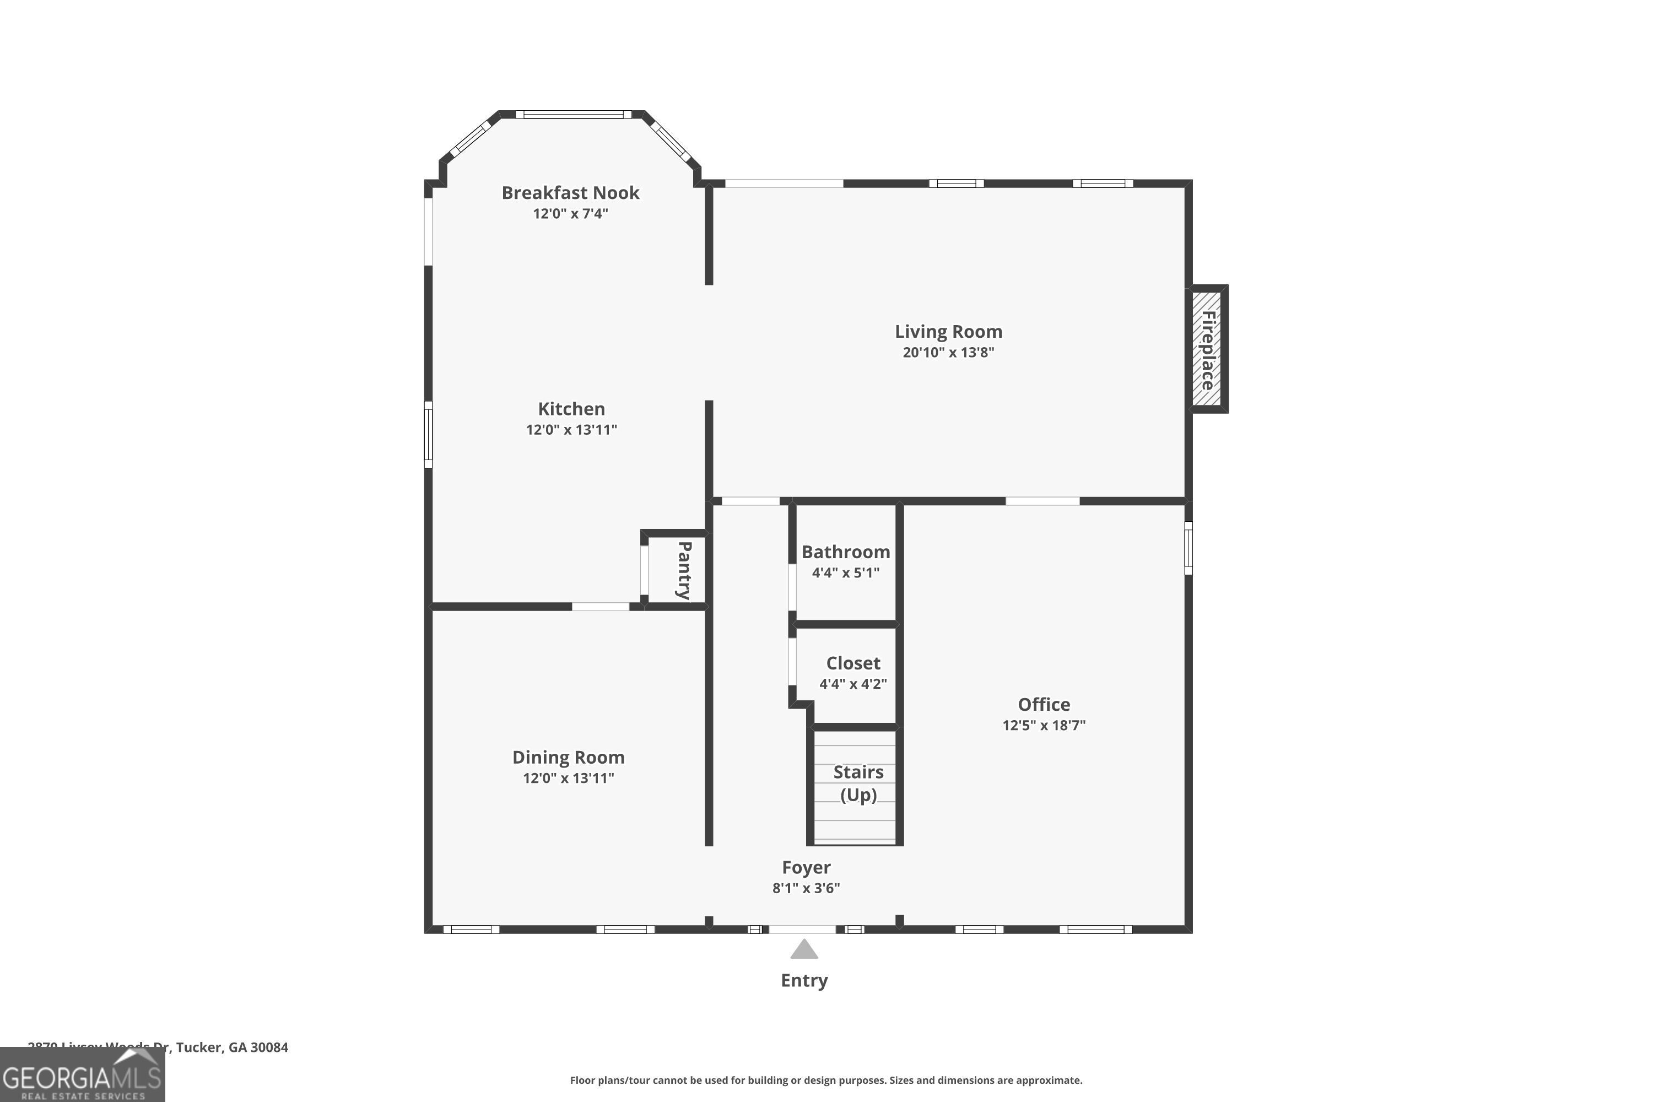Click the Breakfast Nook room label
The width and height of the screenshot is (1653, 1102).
pyautogui.click(x=570, y=192)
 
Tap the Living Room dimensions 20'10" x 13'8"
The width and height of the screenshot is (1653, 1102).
pyautogui.click(x=948, y=352)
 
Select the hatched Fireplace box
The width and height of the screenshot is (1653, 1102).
pyautogui.click(x=1207, y=349)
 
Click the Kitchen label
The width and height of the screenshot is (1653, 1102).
pyautogui.click(x=571, y=408)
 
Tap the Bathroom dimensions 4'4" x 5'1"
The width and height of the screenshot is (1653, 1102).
pyautogui.click(x=845, y=572)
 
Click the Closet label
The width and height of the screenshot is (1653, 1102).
pyautogui.click(x=852, y=663)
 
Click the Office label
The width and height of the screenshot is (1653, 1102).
pyautogui.click(x=1044, y=704)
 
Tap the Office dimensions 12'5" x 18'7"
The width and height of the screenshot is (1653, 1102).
pyautogui.click(x=1044, y=725)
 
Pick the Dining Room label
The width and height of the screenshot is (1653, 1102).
pyautogui.click(x=568, y=757)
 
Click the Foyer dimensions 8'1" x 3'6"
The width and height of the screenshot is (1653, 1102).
pyautogui.click(x=806, y=888)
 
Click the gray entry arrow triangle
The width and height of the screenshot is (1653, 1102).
pyautogui.click(x=804, y=950)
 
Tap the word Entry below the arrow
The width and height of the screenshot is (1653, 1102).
pyautogui.click(x=804, y=980)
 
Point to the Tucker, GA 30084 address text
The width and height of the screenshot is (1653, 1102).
pyautogui.click(x=232, y=1047)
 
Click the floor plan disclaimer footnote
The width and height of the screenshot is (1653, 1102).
pyautogui.click(x=826, y=1080)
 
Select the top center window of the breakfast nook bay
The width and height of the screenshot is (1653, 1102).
pyautogui.click(x=574, y=115)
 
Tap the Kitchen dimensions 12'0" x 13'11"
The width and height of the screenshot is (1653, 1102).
pyautogui.click(x=571, y=429)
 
